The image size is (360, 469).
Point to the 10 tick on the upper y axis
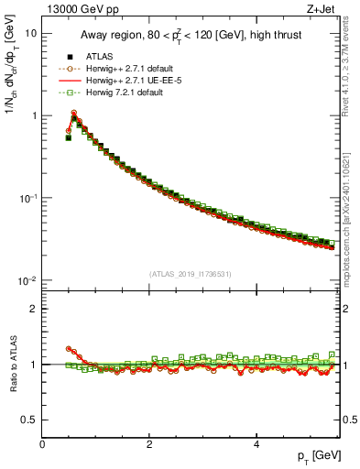(30, 33)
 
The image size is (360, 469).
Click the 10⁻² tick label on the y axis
(27, 281)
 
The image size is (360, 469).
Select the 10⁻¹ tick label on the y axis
(27, 199)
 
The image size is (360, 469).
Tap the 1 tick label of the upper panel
(33, 116)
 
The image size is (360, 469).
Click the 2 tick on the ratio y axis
(33, 309)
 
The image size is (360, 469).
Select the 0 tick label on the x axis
(42, 444)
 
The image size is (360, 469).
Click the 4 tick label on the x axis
(256, 444)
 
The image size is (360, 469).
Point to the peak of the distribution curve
(74, 114)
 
